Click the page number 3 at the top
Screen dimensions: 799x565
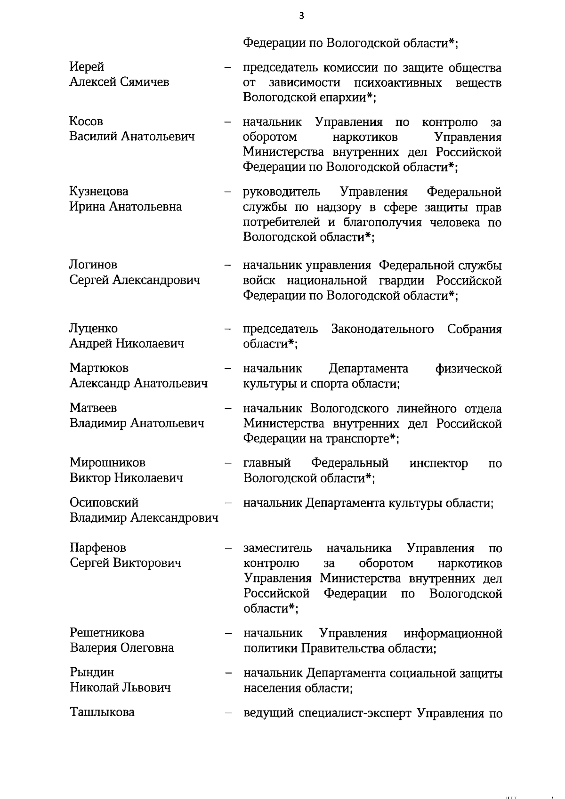pos(301,16)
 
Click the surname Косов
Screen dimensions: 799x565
pos(86,121)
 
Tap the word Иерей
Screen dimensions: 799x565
pos(87,67)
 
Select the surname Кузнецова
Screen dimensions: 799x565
pos(99,192)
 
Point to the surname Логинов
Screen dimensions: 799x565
pos(93,265)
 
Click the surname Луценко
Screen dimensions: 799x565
pos(94,328)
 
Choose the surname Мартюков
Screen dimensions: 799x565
pos(99,368)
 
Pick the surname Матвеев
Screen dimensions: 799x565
pos(93,408)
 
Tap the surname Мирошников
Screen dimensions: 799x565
pos(107,463)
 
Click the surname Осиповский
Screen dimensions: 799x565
pos(104,503)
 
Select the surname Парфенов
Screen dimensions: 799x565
pos(98,548)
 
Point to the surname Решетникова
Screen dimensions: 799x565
pos(107,632)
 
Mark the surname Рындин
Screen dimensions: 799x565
pos(92,672)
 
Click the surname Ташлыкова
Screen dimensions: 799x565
pos(102,712)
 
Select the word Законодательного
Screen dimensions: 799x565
pos(382,329)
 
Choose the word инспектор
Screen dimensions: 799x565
pos(438,463)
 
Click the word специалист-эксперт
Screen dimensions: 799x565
pos(355,713)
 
